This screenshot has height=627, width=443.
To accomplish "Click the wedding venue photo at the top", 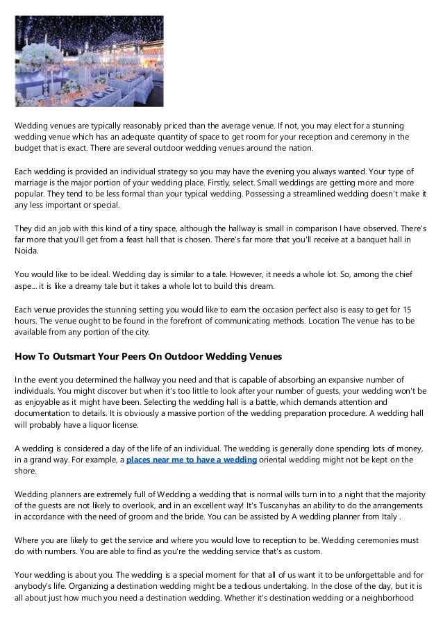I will tap(90, 62).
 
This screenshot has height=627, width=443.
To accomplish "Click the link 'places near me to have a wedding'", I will tap(192, 460).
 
